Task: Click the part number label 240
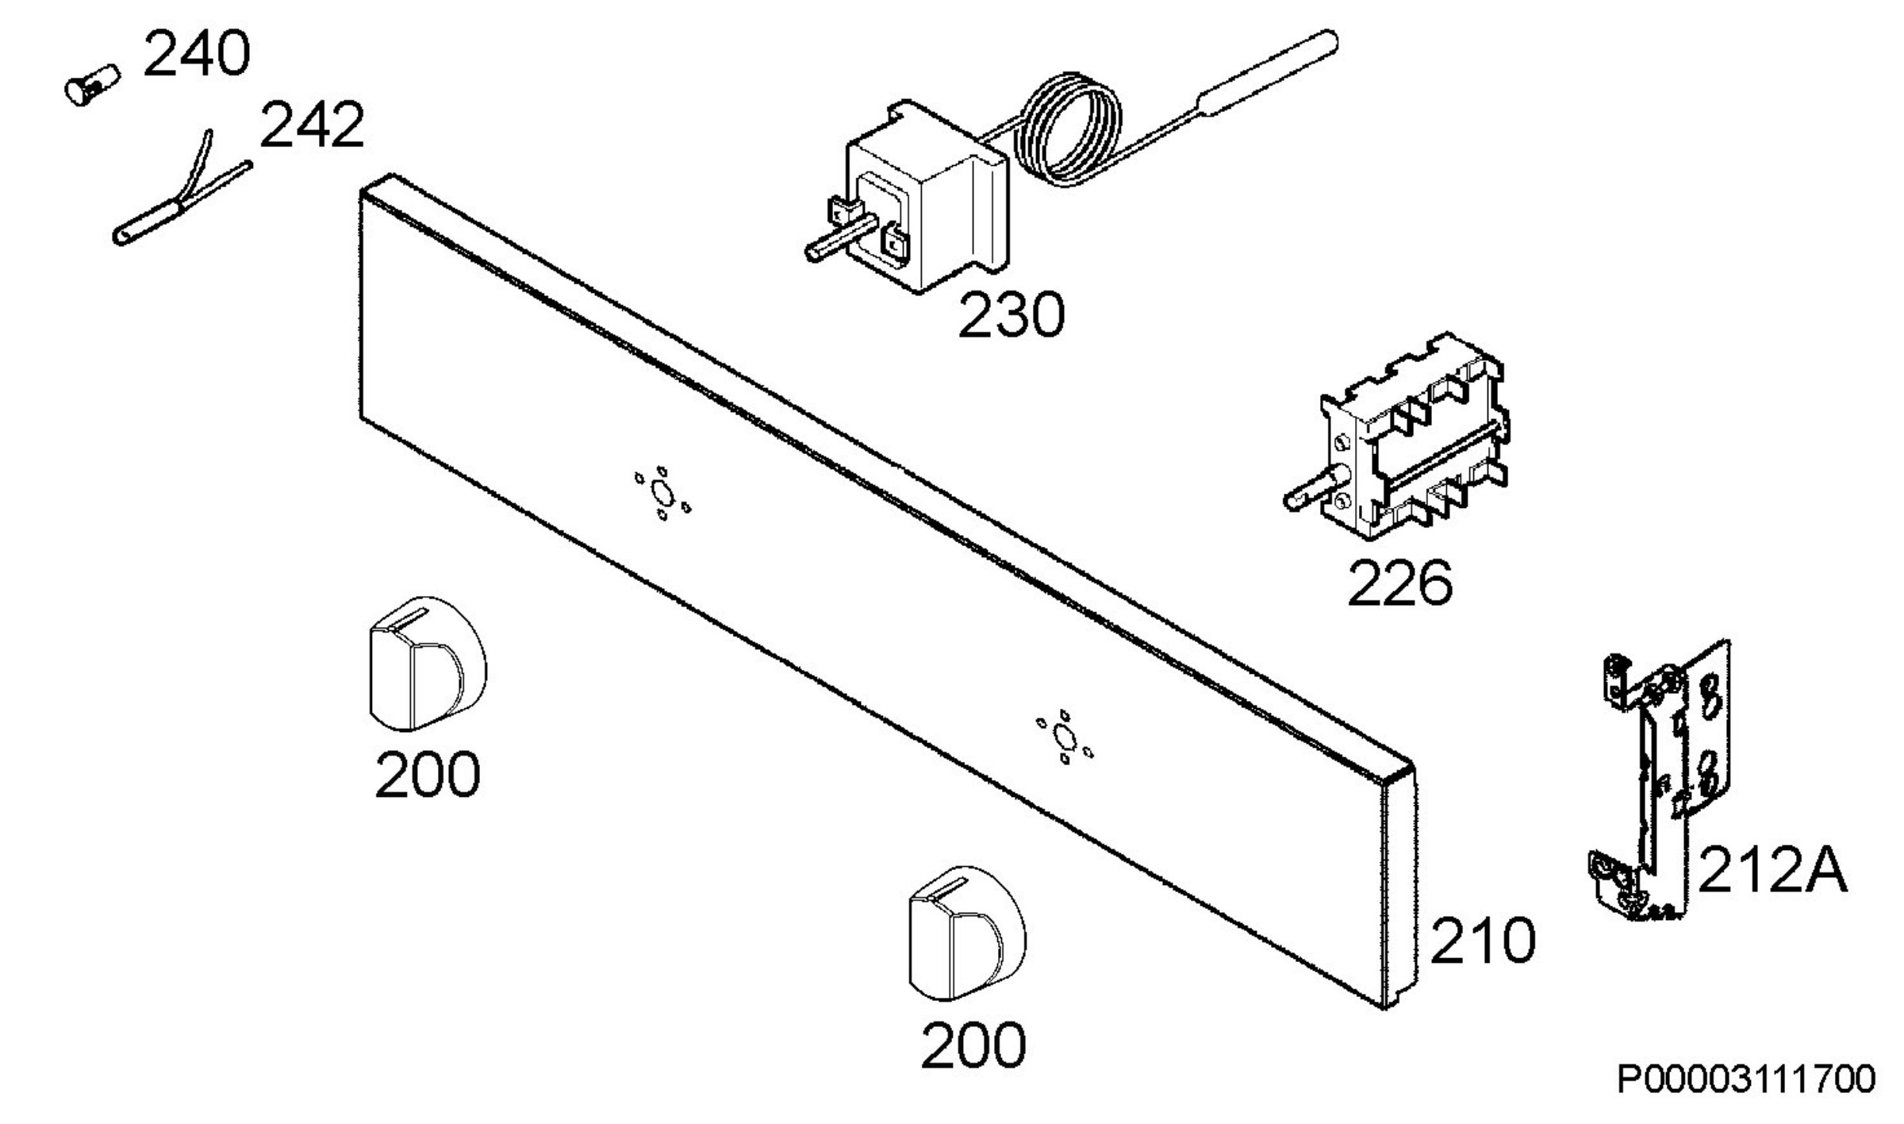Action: click(x=197, y=55)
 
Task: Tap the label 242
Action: click(x=312, y=125)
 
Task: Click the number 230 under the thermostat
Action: click(x=1011, y=315)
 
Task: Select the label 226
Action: click(x=1400, y=584)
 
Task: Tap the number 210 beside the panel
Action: click(x=1483, y=941)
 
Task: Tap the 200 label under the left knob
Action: click(x=428, y=775)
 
